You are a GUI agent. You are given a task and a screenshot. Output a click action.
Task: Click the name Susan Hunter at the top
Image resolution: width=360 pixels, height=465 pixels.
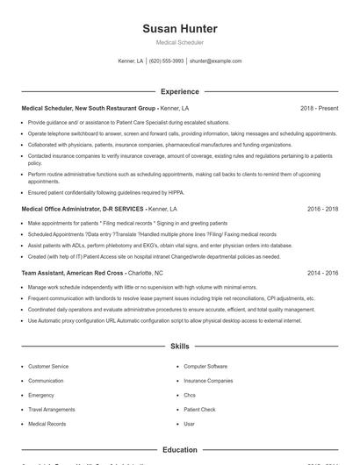(x=179, y=29)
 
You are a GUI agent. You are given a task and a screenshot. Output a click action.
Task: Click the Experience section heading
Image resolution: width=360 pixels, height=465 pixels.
(x=179, y=91)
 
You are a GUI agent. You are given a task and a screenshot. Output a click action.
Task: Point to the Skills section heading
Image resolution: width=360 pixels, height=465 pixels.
(x=179, y=347)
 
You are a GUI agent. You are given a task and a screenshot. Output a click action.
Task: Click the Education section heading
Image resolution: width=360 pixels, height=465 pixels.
(x=179, y=449)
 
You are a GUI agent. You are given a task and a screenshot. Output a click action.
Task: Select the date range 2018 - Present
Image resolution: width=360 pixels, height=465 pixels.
(x=319, y=108)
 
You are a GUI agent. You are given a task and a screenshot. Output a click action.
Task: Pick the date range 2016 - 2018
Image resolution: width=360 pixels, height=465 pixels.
(x=322, y=210)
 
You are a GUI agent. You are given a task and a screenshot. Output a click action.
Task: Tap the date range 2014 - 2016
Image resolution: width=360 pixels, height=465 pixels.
(x=322, y=273)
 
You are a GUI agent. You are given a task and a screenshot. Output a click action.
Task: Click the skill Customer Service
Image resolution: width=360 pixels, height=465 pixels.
(x=48, y=366)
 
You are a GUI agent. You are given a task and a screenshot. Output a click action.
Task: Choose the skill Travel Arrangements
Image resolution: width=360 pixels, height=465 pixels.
(x=51, y=409)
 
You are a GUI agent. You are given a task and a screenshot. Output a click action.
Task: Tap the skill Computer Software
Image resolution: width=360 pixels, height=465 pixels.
(x=205, y=366)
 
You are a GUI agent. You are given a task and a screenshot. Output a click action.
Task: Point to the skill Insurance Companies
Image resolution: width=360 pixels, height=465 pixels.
(x=208, y=381)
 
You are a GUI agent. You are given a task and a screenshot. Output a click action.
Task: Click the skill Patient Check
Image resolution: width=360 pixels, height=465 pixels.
(x=199, y=409)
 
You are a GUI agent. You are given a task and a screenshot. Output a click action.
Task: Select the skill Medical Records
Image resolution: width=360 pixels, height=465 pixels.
(x=47, y=424)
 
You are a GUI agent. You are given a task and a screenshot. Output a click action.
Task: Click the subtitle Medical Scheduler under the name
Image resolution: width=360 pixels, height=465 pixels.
(x=179, y=42)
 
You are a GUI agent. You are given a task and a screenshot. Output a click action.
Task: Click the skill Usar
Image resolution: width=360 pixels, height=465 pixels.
(x=189, y=424)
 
